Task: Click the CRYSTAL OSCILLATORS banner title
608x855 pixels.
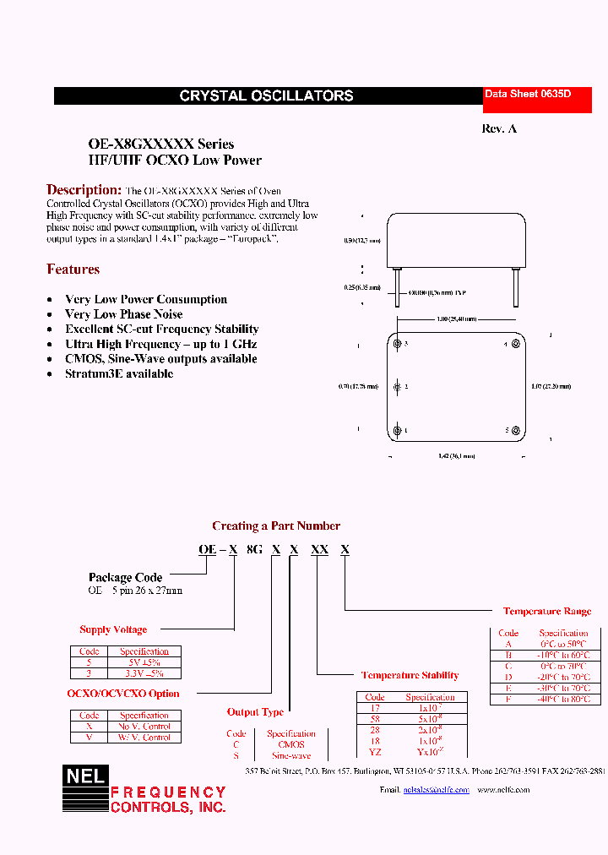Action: point(266,96)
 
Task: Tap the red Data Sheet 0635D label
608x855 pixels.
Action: point(527,95)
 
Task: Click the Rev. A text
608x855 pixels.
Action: point(498,128)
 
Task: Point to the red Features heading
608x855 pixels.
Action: point(73,270)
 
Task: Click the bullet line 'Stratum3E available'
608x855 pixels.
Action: point(119,373)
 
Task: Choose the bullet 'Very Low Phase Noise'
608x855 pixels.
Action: point(123,314)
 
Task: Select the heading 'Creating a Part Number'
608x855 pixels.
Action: point(276,526)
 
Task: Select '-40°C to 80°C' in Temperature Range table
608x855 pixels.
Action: point(563,700)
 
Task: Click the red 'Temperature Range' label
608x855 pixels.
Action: point(547,611)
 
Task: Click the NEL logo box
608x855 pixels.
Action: point(84,787)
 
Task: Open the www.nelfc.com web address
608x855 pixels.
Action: point(503,790)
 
